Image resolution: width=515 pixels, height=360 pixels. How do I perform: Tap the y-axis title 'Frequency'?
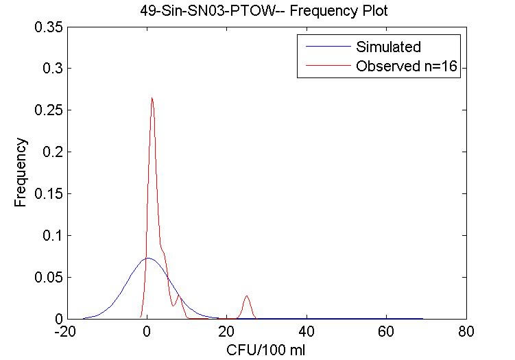(x=21, y=172)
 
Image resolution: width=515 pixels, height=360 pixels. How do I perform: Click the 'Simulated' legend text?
(x=388, y=47)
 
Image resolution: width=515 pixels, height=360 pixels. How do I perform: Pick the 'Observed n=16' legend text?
(x=407, y=67)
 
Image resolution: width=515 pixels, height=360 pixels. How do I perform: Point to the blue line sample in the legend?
(x=323, y=47)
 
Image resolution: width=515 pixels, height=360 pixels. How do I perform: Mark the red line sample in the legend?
(x=323, y=67)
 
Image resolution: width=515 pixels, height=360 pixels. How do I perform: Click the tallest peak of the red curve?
(x=152, y=98)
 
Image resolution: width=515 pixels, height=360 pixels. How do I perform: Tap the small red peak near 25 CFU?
(x=246, y=296)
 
